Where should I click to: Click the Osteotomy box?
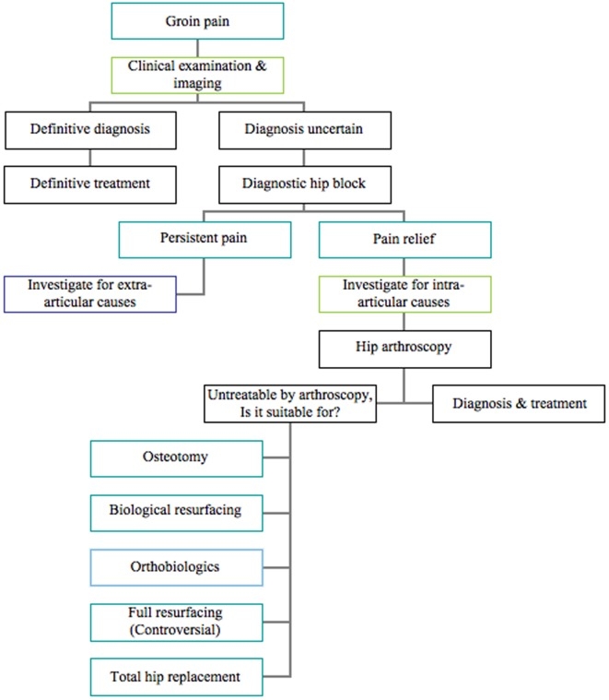tap(176, 457)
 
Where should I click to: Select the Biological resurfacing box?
tap(176, 511)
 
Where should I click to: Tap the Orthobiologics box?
tap(176, 565)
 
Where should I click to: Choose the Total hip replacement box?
tap(176, 676)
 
